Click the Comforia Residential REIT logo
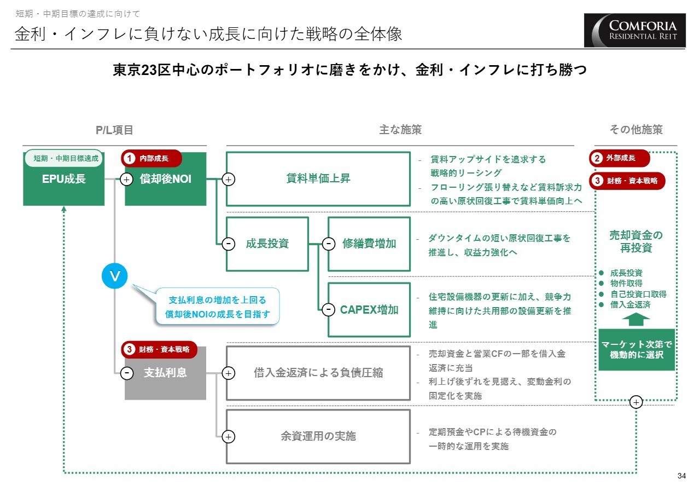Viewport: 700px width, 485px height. pos(635,30)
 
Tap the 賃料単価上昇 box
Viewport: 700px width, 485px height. pos(318,178)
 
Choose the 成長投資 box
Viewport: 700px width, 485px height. pos(267,244)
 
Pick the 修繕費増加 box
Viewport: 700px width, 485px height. pos(369,244)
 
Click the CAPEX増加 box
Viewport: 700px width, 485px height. pos(369,310)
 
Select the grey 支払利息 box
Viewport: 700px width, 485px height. pos(165,373)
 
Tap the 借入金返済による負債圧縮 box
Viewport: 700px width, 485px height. pos(318,373)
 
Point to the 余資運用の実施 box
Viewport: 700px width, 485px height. pos(318,436)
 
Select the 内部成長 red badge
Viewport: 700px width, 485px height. pos(151,158)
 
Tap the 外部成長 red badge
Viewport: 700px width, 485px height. pos(620,158)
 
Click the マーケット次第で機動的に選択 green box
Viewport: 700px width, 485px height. pos(637,349)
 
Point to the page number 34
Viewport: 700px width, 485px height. pos(681,475)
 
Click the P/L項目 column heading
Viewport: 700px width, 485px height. pos(114,130)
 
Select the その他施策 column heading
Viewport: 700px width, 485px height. pos(636,130)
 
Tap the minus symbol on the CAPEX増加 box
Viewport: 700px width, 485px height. pos(328,310)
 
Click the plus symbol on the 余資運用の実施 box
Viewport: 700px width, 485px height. pos(229,436)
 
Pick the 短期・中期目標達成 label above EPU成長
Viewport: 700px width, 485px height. pos(65,158)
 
